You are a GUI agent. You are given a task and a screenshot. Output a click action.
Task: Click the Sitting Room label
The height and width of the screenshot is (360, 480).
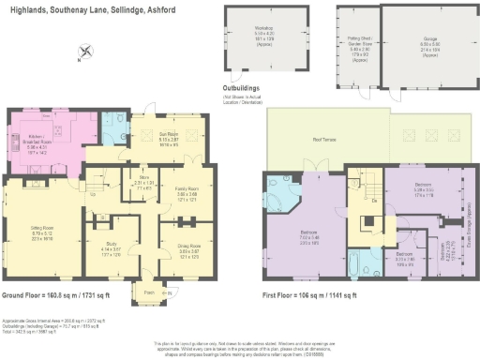35,222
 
